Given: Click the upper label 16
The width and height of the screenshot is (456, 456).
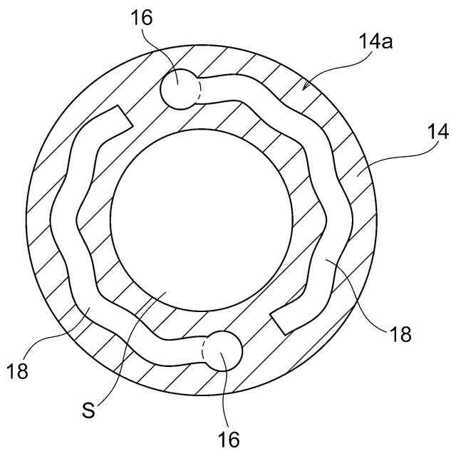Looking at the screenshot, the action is coord(142,18).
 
